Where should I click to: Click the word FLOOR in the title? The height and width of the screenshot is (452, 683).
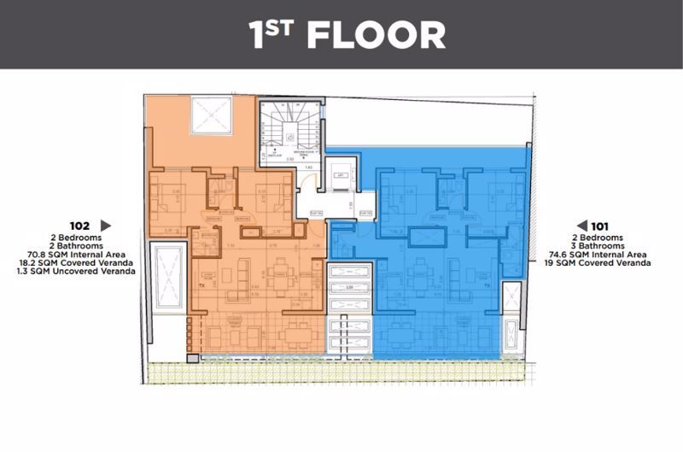pyautogui.click(x=375, y=36)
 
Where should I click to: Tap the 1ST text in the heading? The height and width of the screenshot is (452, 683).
pyautogui.click(x=271, y=35)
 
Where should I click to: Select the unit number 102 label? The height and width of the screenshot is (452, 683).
pyautogui.click(x=82, y=226)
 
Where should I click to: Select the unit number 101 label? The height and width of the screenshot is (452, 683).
pyautogui.click(x=604, y=226)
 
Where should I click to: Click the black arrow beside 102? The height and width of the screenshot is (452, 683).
pyautogui.click(x=107, y=226)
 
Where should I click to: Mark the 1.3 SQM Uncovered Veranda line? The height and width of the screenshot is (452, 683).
pyautogui.click(x=75, y=273)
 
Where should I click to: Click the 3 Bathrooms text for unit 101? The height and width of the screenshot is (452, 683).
pyautogui.click(x=604, y=245)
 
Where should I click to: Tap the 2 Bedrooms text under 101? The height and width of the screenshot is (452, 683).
pyautogui.click(x=604, y=236)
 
